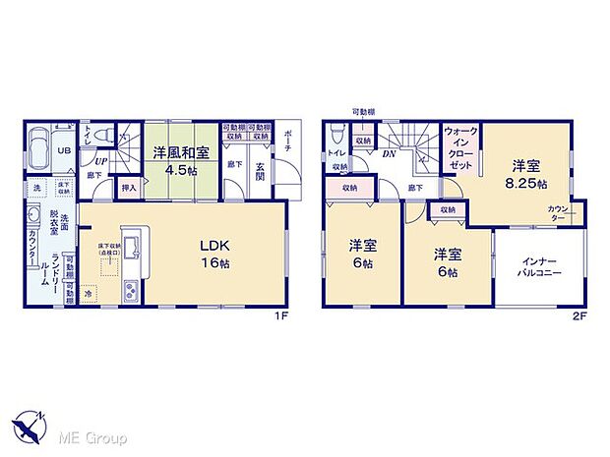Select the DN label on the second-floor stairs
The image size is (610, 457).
pyautogui.click(x=389, y=154)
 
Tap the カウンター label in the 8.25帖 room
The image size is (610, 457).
pyautogui.click(x=559, y=214)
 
